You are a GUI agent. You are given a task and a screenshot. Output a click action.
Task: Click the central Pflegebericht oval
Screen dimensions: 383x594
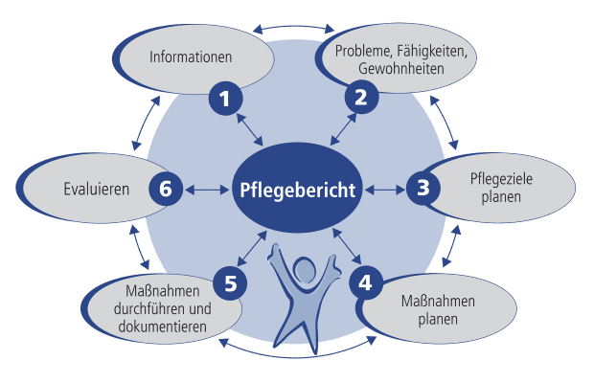point(298,190)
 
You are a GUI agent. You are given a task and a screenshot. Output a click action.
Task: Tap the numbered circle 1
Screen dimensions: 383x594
point(225,97)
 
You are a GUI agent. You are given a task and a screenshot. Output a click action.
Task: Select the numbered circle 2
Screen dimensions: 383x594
point(361,97)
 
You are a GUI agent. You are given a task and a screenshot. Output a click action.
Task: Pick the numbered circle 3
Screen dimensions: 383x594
point(423,189)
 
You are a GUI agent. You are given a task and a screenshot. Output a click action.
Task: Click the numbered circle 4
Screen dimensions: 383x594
point(365,282)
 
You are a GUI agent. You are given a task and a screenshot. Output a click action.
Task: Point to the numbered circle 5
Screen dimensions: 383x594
point(230,282)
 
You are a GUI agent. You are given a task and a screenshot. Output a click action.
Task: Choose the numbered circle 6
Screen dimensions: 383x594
point(165,190)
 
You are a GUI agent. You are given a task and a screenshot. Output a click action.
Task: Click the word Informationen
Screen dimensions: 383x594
point(192,57)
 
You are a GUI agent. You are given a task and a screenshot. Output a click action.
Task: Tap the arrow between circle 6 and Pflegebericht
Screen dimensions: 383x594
point(207,190)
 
